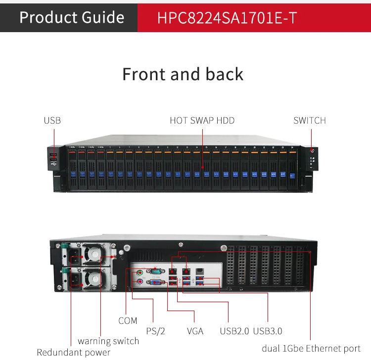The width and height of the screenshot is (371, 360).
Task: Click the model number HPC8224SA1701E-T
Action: coord(227,18)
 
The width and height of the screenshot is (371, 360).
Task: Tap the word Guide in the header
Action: coord(103,17)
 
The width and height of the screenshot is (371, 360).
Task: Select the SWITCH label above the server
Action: coord(310,120)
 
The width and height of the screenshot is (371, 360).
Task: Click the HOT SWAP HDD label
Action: coord(202,120)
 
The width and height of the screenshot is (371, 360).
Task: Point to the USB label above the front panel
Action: coord(52,120)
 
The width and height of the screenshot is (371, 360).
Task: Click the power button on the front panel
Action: coord(312,151)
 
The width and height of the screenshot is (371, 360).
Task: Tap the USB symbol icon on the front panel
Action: coord(54,164)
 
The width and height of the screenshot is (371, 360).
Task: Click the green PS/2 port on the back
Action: coord(140,273)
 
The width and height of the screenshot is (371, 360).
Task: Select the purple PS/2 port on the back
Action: coord(140,282)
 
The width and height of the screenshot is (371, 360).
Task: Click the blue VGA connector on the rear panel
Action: coord(155,282)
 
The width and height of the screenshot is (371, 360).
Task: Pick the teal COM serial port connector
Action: coord(155,271)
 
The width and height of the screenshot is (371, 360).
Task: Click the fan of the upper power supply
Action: coord(94,254)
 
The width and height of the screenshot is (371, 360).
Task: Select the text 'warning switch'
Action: coord(108,341)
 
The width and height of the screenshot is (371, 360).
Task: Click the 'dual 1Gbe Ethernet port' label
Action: coord(311,349)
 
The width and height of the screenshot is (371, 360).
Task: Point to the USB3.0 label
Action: coord(268,331)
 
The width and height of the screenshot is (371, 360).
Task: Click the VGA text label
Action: coord(195,331)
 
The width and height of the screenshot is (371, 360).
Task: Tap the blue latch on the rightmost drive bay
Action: coord(292,176)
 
